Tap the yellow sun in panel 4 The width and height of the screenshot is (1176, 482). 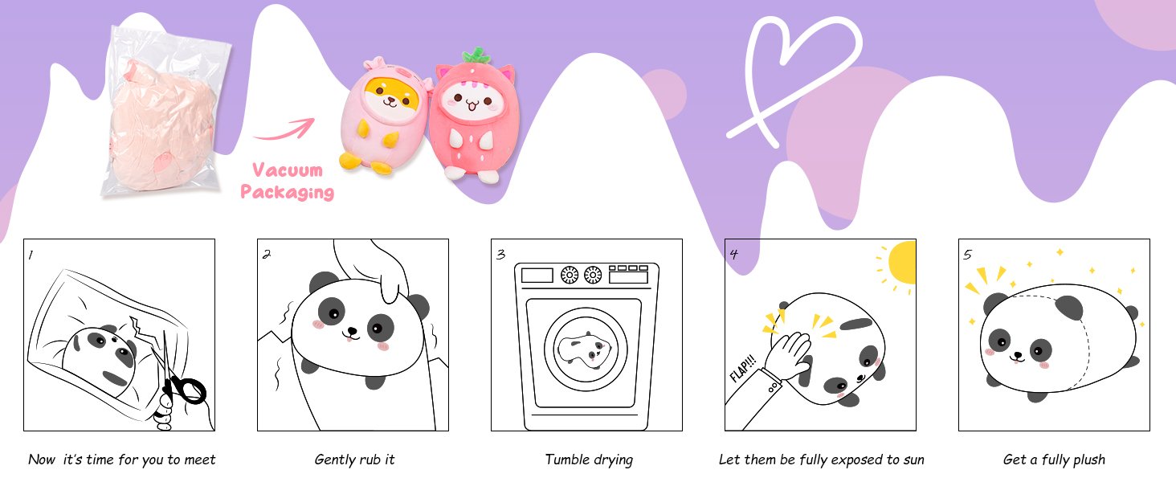(x=903, y=263)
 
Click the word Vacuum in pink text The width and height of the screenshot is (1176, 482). (x=288, y=170)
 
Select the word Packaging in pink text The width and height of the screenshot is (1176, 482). (x=288, y=192)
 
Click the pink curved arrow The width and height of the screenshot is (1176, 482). (x=284, y=130)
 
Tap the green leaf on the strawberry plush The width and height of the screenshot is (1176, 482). (x=476, y=55)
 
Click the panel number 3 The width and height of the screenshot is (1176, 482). (x=500, y=255)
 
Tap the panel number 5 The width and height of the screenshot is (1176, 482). (x=968, y=255)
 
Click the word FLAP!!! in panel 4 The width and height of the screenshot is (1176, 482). (x=743, y=369)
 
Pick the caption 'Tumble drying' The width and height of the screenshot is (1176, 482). (x=589, y=460)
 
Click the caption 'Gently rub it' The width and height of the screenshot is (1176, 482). (x=354, y=460)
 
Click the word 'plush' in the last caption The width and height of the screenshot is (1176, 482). (x=1088, y=460)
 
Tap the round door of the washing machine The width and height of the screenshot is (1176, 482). (x=586, y=349)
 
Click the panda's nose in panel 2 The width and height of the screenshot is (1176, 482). (x=352, y=331)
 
